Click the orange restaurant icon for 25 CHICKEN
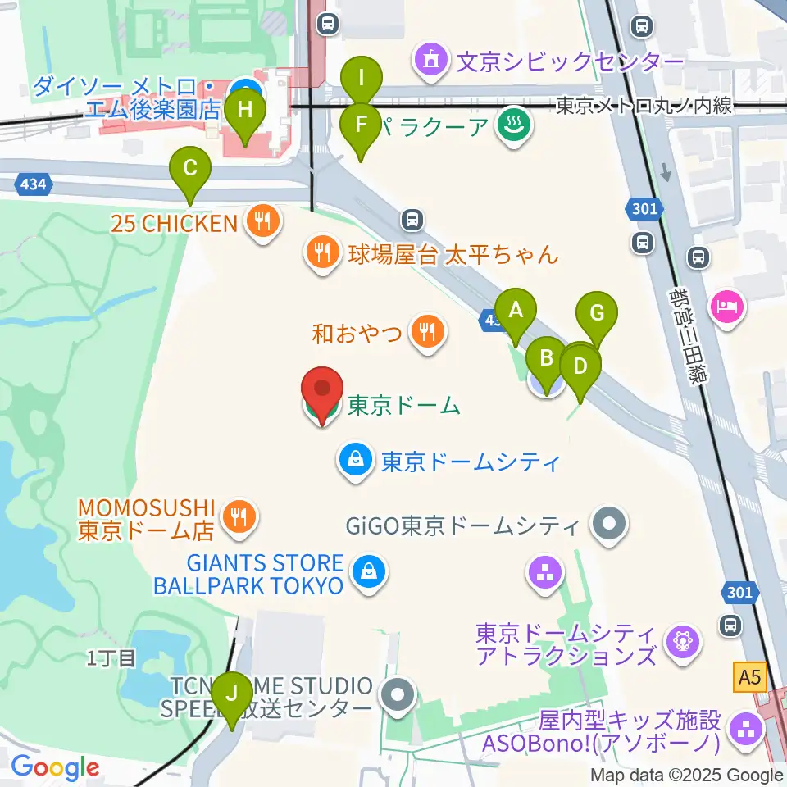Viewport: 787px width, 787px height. point(262,221)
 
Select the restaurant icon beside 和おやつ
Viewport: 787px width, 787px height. point(426,332)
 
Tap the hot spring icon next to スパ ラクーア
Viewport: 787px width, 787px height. point(515,126)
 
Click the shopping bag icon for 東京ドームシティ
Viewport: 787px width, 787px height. point(355,461)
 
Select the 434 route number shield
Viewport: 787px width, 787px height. point(31,184)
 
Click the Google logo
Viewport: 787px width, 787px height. point(56,768)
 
